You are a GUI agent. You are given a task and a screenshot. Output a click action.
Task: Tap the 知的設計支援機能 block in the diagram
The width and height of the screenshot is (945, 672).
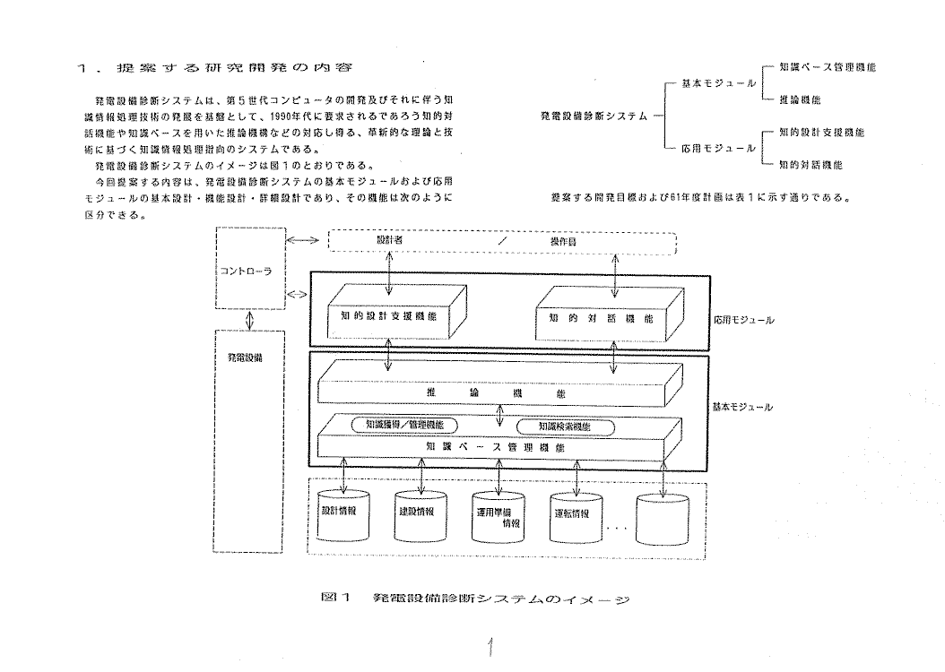coord(389,316)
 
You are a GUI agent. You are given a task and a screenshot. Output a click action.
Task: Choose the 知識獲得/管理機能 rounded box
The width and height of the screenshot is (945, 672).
coord(405,425)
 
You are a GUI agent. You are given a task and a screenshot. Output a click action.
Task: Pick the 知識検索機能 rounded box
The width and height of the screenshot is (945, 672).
coord(567,426)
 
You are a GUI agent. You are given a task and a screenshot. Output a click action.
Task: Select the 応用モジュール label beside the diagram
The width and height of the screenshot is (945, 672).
coord(744,319)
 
